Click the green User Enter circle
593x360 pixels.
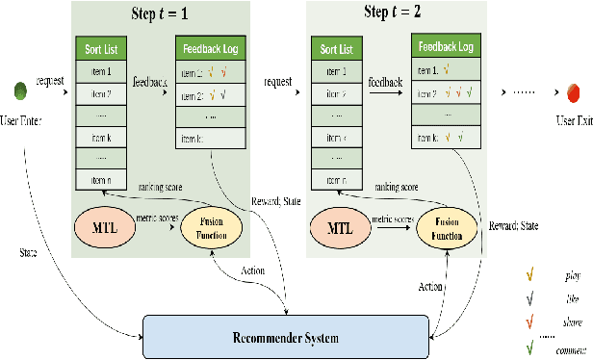coord(21,92)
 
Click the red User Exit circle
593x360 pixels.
coord(571,92)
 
